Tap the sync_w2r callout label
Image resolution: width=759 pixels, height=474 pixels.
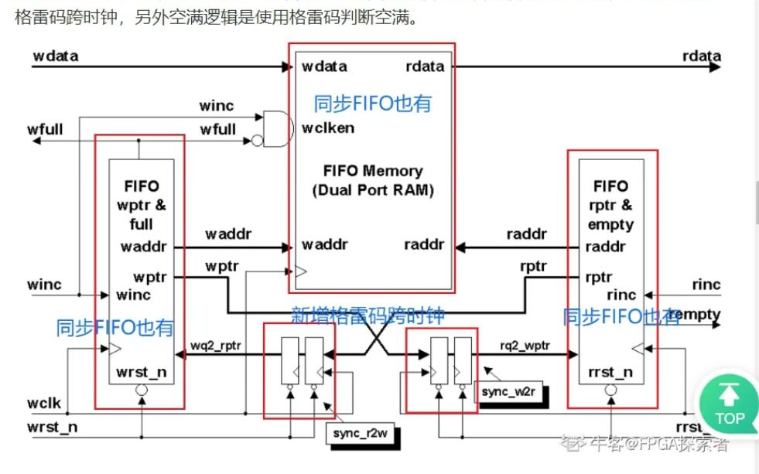(x=508, y=392)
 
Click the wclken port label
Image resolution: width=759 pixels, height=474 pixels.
(x=328, y=128)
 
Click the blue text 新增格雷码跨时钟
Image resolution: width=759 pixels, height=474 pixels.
(x=368, y=315)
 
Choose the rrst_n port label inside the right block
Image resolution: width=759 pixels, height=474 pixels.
(x=611, y=372)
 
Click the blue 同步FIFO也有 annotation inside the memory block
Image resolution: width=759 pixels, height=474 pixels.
(x=371, y=104)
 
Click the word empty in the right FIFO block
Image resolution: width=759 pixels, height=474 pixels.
(x=611, y=225)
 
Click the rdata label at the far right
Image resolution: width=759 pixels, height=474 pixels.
(x=702, y=56)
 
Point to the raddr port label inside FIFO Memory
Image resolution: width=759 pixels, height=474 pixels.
(x=424, y=244)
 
